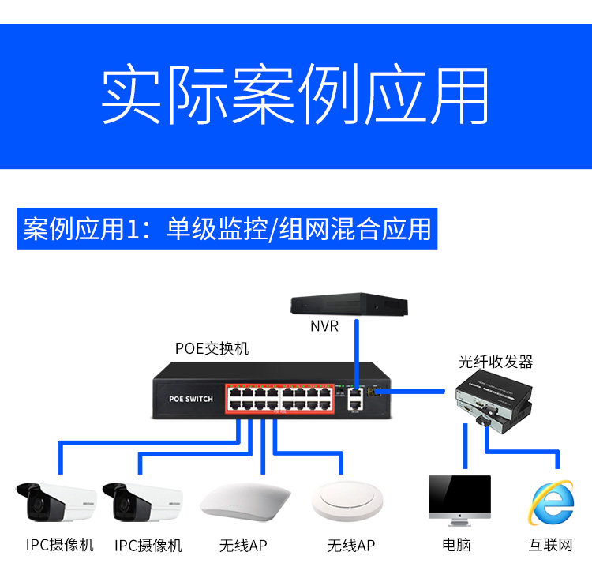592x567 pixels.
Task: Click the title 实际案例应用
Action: [295, 96]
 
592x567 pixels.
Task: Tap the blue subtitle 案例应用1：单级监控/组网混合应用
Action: [227, 228]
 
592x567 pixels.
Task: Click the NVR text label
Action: [324, 325]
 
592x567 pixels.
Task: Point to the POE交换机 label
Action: [212, 348]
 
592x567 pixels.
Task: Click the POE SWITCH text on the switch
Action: [191, 399]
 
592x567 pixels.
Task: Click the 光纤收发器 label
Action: [496, 362]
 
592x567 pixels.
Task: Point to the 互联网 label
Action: [551, 545]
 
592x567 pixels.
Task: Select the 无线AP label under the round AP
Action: [350, 546]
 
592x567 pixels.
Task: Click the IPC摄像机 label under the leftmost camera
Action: [59, 545]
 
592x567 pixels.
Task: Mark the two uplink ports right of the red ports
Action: [354, 397]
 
